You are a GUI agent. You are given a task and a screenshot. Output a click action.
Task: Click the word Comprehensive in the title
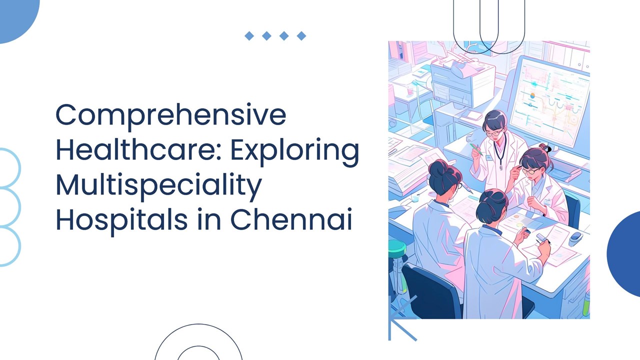[x=170, y=115]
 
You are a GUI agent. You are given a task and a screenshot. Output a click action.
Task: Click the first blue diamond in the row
[x=249, y=35]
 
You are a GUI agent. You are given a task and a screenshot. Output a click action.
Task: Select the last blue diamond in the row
[x=301, y=35]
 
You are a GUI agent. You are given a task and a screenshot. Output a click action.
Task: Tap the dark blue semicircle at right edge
[x=625, y=253]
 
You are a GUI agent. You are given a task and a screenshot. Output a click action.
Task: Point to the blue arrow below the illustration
[x=400, y=320]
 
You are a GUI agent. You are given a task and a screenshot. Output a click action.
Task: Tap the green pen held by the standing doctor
[x=475, y=148]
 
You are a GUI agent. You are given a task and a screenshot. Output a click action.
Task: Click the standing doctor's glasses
[x=494, y=133]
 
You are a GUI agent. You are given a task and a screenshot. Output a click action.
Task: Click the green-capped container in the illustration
[x=397, y=247]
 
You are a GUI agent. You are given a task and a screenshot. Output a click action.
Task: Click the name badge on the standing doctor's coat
[x=488, y=157]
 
